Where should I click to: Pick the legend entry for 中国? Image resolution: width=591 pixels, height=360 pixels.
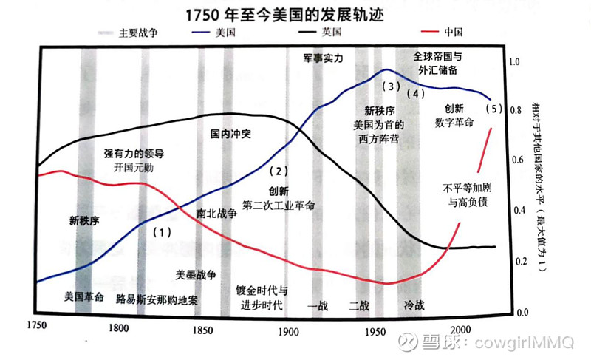tap(454, 33)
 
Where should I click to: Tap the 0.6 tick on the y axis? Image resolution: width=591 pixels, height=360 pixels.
tap(516, 161)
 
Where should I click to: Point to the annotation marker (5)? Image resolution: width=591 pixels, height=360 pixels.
tap(493, 109)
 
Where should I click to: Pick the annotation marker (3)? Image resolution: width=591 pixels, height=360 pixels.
tap(391, 86)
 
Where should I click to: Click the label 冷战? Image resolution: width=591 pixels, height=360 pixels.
tap(414, 305)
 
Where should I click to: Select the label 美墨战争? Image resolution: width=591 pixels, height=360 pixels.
tap(195, 274)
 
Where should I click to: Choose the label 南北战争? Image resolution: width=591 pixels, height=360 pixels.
tap(217, 213)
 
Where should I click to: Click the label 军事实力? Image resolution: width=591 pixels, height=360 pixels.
tap(324, 58)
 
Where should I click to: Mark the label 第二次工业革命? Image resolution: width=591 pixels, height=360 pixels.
tap(279, 205)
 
